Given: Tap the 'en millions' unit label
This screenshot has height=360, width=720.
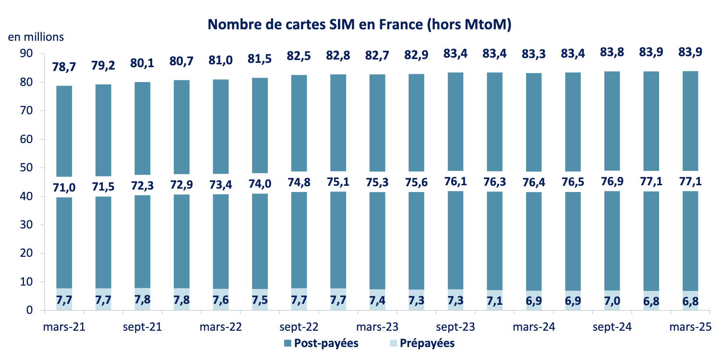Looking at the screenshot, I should pos(36,37).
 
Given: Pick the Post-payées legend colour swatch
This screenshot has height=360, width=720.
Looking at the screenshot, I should pos(287,343).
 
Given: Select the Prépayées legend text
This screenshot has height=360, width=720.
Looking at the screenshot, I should pos(427,343).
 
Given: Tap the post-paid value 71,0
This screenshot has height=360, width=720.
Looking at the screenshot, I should pos(64,187).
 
